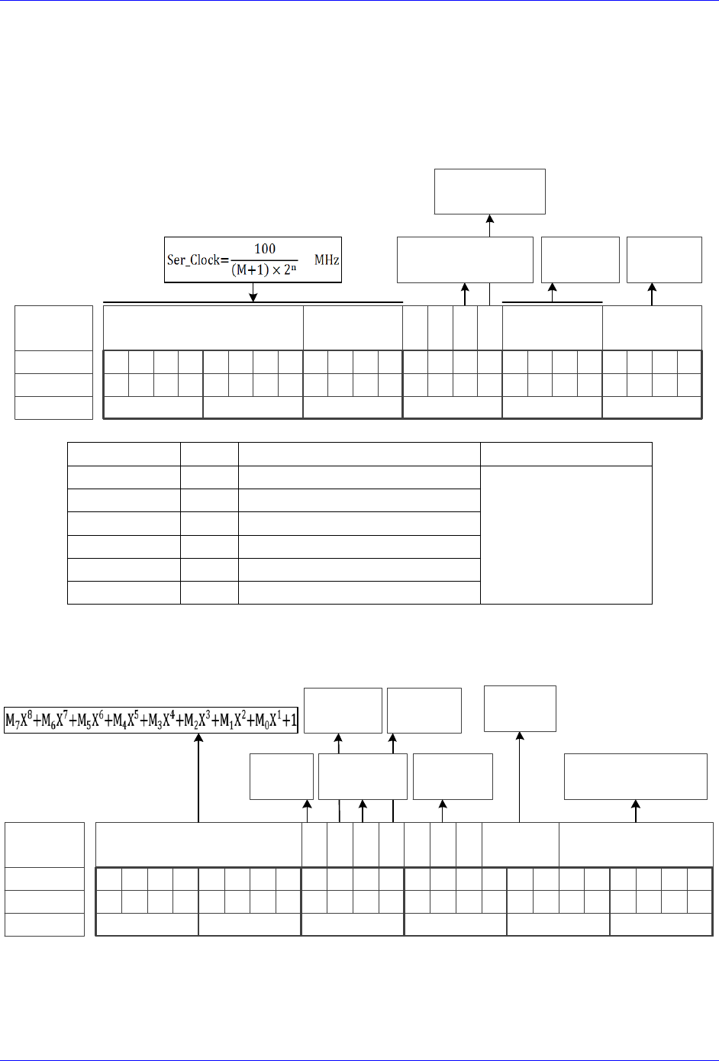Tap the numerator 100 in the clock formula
[x=265, y=249]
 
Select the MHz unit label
[x=327, y=260]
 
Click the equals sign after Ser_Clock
[x=225, y=260]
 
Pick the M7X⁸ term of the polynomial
[x=20, y=720]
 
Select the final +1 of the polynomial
[x=290, y=720]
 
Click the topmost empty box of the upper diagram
[x=490, y=192]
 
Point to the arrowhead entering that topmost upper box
[x=490, y=219]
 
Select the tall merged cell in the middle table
[x=566, y=534]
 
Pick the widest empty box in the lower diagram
[x=635, y=776]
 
